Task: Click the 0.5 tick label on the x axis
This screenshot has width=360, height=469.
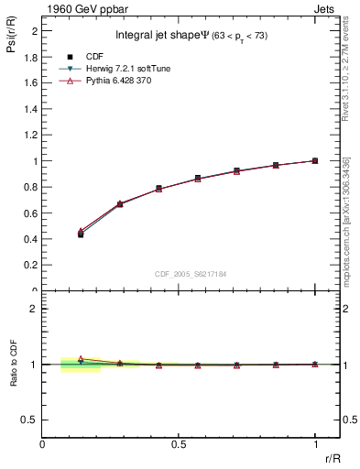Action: tap(179, 444)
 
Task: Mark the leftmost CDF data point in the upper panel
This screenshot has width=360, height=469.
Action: tap(81, 234)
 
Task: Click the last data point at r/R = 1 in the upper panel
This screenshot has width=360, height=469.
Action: tap(315, 160)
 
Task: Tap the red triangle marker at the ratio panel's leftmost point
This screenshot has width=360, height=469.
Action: tap(81, 359)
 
